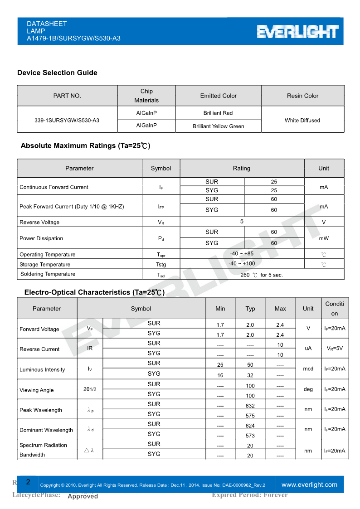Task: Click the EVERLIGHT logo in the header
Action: (298, 32)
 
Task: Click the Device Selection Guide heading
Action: (57, 73)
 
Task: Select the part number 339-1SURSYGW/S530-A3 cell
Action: (67, 121)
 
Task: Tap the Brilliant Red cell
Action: (218, 113)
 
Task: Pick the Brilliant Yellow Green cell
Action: (218, 126)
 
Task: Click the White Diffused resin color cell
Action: (302, 121)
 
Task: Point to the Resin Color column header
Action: (302, 96)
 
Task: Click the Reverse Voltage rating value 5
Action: (242, 221)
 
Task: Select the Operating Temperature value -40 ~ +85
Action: (242, 254)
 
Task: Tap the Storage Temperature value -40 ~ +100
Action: (242, 263)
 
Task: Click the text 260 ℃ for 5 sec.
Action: (262, 275)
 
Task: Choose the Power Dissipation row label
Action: (41, 238)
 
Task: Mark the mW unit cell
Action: (324, 238)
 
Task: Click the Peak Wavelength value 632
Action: (250, 406)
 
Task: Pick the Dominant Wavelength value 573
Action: (250, 436)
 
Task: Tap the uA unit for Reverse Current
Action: (308, 349)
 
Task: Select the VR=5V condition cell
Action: (335, 349)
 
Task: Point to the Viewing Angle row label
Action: (36, 390)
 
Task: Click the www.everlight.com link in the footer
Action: (309, 485)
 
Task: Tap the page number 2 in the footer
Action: (28, 482)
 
